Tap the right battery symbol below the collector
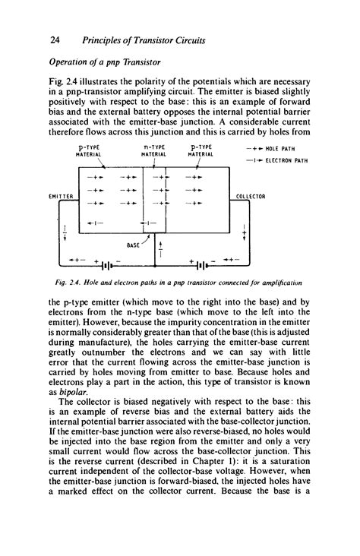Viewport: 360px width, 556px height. tap(201, 265)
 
